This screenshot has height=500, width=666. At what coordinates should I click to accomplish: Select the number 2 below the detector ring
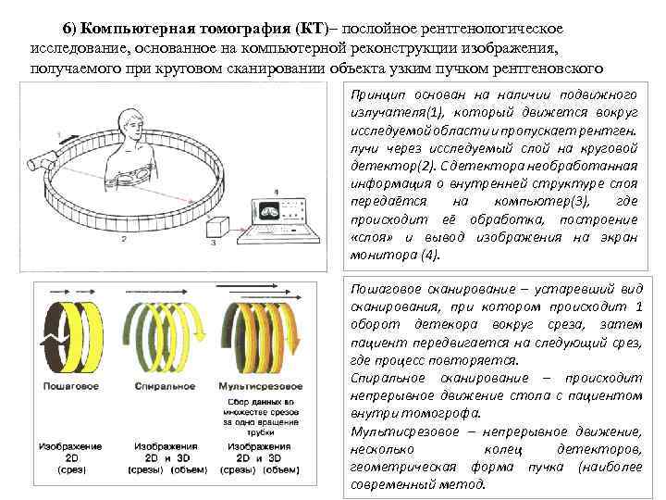click(x=122, y=239)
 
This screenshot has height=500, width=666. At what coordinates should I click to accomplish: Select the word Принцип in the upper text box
click(x=376, y=95)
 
